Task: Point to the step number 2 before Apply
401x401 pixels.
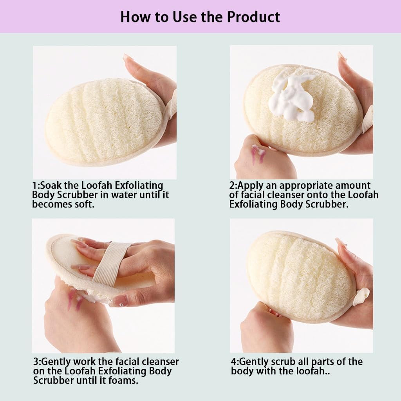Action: click(232, 185)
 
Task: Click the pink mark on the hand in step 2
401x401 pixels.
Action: click(258, 153)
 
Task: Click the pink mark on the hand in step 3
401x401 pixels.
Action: click(73, 300)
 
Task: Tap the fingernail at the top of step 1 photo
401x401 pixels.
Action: click(128, 57)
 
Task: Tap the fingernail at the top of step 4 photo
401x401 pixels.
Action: click(340, 242)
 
